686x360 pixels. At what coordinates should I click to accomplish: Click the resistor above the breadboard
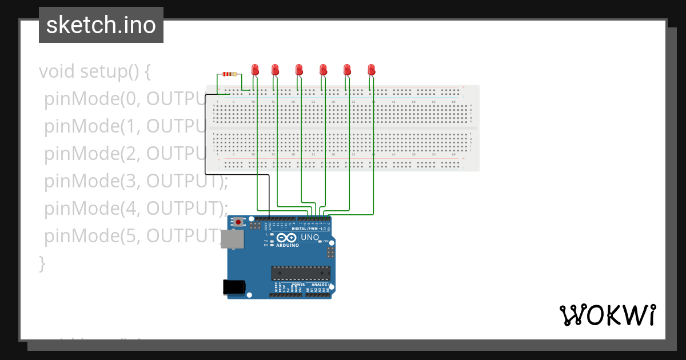click(x=229, y=74)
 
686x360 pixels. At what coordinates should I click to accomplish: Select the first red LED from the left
click(x=256, y=70)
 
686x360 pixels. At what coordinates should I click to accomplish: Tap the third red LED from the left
click(x=299, y=70)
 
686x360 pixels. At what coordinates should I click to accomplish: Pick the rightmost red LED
click(x=371, y=70)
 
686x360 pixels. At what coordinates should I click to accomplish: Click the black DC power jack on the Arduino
click(x=234, y=287)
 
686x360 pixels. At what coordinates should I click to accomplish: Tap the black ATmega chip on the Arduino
click(x=301, y=275)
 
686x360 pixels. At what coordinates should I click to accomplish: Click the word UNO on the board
click(x=310, y=237)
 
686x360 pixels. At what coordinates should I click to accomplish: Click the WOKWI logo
click(x=607, y=315)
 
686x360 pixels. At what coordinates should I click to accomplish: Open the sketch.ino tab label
click(x=101, y=25)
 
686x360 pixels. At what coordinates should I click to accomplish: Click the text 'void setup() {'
click(x=95, y=71)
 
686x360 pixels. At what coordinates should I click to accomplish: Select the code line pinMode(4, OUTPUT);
click(x=136, y=208)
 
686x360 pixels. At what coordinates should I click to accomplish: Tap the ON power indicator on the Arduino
click(x=326, y=241)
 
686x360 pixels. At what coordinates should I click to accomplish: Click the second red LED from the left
click(x=275, y=70)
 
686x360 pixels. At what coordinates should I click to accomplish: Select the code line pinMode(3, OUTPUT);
click(x=136, y=181)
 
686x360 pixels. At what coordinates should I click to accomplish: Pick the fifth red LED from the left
click(x=347, y=70)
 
